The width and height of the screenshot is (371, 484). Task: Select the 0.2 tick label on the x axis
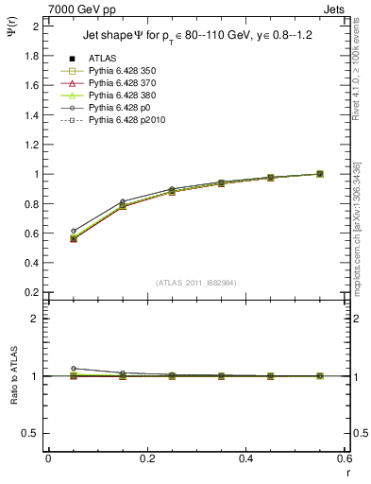point(146,458)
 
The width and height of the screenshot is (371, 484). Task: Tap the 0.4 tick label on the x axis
point(245,458)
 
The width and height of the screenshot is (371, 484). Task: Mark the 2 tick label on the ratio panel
point(38,319)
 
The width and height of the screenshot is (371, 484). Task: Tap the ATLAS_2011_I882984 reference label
point(195,283)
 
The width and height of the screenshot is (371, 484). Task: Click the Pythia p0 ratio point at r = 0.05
point(73,369)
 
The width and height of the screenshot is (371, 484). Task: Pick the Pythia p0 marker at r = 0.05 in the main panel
point(73,231)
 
